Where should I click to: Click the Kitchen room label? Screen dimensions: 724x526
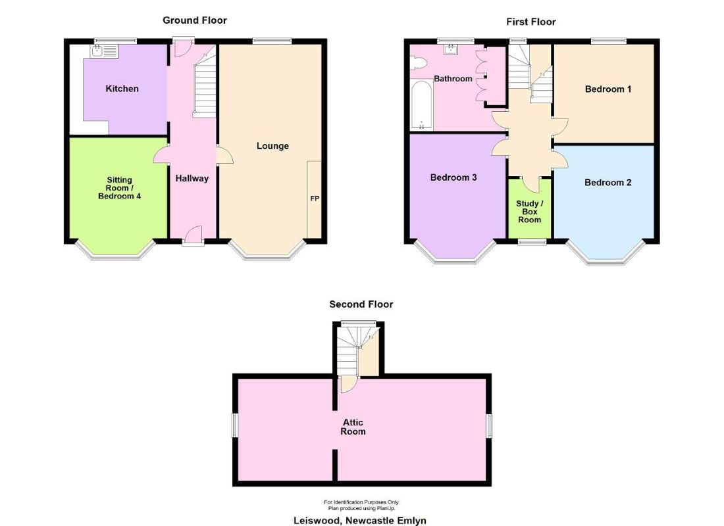click(122, 89)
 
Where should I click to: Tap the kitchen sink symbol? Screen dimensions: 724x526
click(105, 51)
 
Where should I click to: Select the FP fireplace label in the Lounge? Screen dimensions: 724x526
click(315, 199)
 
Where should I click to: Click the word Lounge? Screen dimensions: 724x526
click(272, 146)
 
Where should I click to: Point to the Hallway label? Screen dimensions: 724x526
click(192, 178)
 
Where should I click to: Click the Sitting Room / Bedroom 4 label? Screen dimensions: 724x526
click(119, 188)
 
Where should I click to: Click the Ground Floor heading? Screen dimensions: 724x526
click(194, 20)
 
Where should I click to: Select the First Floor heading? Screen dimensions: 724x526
click(531, 22)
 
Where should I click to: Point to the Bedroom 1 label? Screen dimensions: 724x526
click(608, 89)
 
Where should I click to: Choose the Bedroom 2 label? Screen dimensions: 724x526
click(608, 182)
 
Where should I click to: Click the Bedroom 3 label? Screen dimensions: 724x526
click(453, 177)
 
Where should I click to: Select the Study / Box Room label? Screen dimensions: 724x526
click(529, 211)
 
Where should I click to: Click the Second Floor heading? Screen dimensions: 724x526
click(361, 304)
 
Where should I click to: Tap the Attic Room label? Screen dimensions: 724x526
click(353, 427)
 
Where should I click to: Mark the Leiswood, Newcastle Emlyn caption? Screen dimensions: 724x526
click(360, 521)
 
